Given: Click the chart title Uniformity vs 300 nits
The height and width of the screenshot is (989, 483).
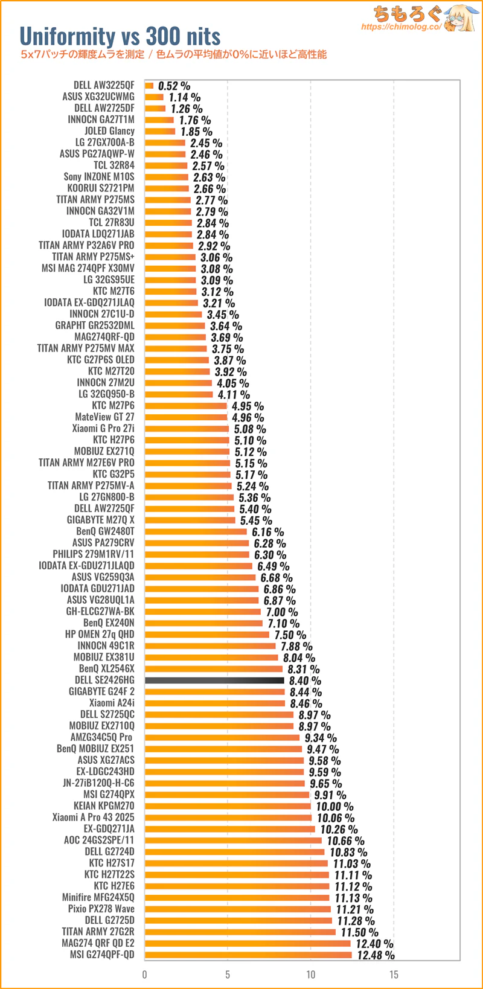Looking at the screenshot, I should tap(120, 36).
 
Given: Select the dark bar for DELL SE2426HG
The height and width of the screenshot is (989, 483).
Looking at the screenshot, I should tap(214, 680).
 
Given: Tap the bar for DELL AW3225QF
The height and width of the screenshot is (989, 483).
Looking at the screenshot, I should tap(149, 86).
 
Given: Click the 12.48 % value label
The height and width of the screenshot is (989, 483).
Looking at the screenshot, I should tap(376, 955).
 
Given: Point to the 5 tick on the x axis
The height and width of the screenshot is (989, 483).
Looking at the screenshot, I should tap(228, 974).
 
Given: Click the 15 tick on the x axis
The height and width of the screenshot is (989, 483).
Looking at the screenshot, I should tap(394, 974).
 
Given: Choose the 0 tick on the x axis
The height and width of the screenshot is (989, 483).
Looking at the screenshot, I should tap(145, 974).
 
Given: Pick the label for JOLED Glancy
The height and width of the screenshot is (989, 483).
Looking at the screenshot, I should tap(109, 131).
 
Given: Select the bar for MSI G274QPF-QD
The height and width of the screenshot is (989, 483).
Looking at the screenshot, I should tap(248, 955).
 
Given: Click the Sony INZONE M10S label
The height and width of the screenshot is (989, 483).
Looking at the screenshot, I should tap(99, 177).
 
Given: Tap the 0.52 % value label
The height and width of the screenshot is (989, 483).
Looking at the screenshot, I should tap(174, 86).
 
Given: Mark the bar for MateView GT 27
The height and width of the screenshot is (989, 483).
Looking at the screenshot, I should tap(186, 417).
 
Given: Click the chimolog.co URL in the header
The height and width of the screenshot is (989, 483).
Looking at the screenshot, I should tap(401, 27).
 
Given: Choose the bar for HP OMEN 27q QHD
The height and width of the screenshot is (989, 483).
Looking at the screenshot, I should tap(207, 634).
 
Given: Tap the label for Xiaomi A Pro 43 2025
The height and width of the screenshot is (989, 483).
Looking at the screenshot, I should tap(93, 817).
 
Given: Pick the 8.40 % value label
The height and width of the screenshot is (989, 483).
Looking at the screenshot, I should tap(305, 680).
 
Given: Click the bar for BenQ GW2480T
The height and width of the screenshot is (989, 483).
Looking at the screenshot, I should tap(196, 531).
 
